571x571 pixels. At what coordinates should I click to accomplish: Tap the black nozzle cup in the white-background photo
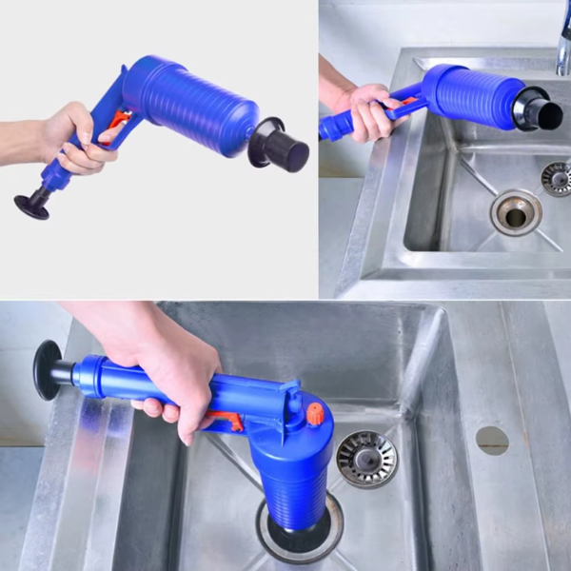pos(281,147)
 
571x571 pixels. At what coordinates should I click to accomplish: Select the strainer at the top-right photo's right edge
pos(557,177)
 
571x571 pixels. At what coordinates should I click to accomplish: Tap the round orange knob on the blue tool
pos(315,414)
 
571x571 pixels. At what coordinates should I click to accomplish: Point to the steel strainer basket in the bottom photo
pos(367,458)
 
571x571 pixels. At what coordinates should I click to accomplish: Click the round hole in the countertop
pos(492,440)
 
